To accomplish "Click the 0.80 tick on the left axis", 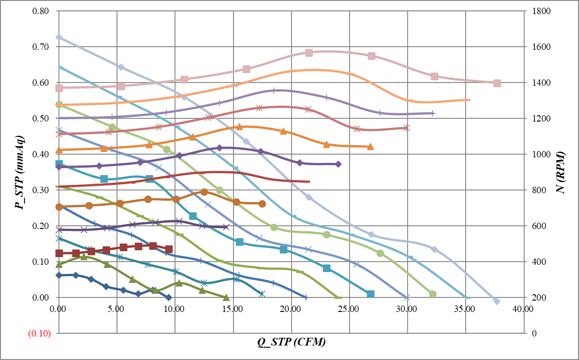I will tap(41, 11).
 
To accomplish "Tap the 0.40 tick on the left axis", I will tap(41, 155).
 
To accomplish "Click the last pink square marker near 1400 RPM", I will tap(497, 83).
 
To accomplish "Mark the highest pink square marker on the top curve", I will tap(309, 53).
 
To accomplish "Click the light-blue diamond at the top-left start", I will tap(58, 37).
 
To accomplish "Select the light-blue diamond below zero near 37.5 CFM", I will tap(496, 302).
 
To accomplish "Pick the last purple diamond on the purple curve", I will tap(338, 164).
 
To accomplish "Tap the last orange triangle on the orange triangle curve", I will tap(370, 146).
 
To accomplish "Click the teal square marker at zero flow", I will tap(59, 164).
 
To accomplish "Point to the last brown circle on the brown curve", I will tap(262, 204).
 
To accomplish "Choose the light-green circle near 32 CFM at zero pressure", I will tap(433, 294).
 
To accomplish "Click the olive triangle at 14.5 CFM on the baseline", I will tap(226, 297).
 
